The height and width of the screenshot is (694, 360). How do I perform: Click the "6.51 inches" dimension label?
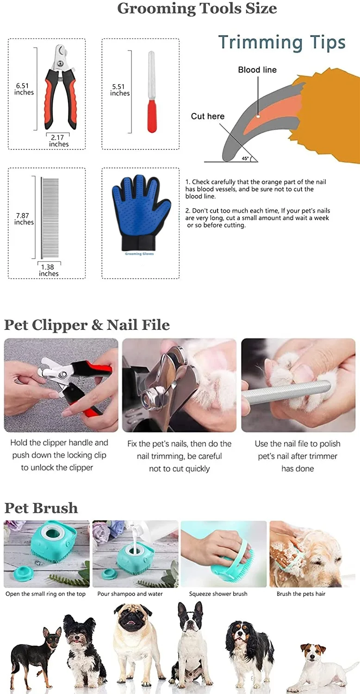tap(24, 89)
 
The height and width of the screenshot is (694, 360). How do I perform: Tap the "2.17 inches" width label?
tap(59, 141)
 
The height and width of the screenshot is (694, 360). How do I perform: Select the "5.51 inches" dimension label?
tap(119, 90)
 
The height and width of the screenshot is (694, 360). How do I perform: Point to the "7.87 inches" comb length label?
tap(24, 219)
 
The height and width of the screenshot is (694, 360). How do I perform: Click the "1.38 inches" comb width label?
tap(49, 270)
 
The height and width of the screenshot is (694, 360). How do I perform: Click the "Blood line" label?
tap(257, 70)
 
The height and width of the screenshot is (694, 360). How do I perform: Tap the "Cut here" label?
tap(207, 116)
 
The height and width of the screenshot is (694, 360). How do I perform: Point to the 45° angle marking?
tap(245, 158)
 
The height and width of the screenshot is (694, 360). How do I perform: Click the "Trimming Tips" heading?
tap(282, 42)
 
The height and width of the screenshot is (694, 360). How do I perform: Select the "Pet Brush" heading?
tap(41, 508)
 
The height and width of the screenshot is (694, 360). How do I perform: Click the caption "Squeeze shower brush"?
tap(218, 594)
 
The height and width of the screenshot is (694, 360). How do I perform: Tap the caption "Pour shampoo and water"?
tap(130, 594)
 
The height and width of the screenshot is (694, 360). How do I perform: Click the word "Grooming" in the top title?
tap(157, 8)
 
